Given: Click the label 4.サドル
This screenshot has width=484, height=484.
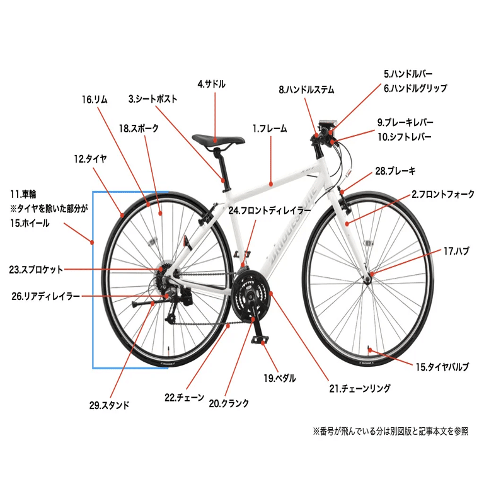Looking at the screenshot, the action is (x=211, y=84).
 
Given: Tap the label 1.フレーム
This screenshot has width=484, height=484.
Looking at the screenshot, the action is (x=270, y=129).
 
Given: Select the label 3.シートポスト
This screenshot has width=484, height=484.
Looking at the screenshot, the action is (x=153, y=99).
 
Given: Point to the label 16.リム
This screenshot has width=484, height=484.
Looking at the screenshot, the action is (x=95, y=100).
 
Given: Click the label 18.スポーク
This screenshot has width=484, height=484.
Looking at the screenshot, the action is (x=139, y=129).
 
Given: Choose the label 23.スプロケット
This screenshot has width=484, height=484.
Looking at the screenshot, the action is (x=36, y=270).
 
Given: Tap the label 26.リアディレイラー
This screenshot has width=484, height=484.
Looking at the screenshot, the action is (x=46, y=296).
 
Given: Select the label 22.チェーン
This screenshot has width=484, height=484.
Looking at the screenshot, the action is (x=184, y=398).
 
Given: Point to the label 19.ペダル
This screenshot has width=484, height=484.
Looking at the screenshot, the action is (x=279, y=378).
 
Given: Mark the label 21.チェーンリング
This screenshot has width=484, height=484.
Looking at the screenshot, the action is (x=360, y=389).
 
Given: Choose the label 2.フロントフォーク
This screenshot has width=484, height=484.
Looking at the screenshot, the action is (x=443, y=195).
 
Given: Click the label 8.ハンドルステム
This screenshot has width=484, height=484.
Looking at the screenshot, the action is (x=306, y=89).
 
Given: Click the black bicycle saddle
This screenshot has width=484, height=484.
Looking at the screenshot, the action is (x=218, y=139).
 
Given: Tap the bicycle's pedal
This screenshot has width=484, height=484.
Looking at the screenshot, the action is (x=260, y=340).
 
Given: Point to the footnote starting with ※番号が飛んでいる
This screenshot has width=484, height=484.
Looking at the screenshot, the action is (x=390, y=432).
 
